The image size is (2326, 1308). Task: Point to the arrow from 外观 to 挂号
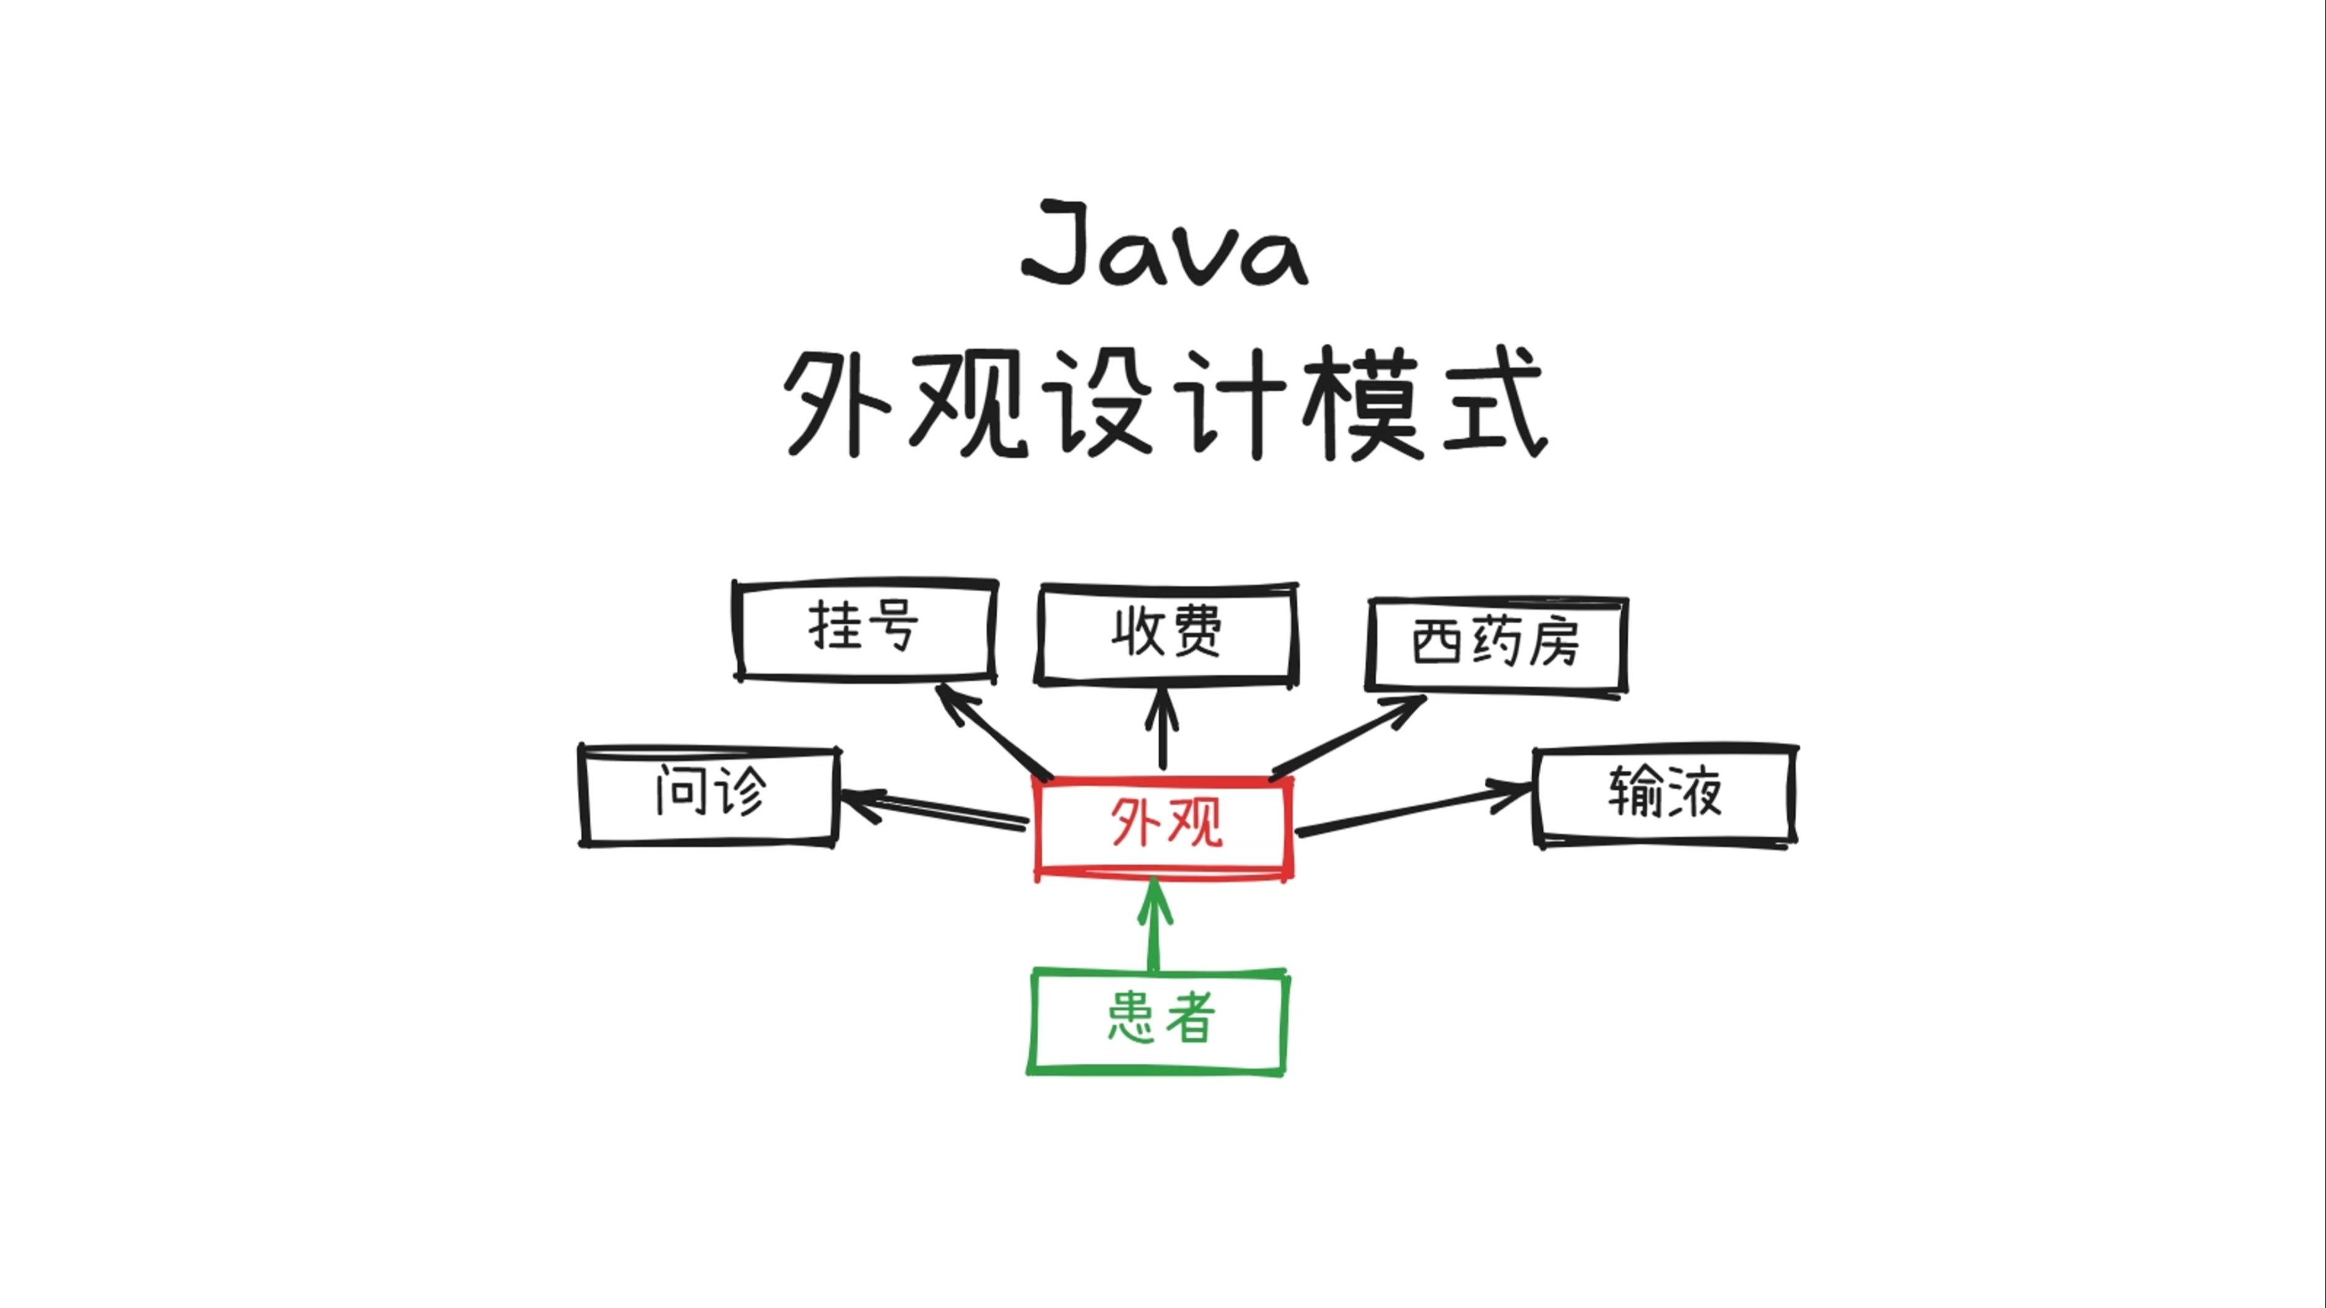coord(993,730)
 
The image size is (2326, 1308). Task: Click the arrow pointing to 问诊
coord(935,808)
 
